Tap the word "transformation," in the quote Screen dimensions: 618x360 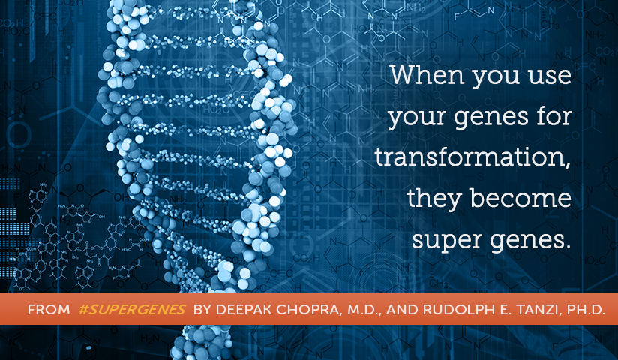click(x=472, y=157)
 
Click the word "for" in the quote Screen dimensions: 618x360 click(x=553, y=116)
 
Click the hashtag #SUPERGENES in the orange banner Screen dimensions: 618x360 click(x=132, y=310)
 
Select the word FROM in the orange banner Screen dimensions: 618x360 click(x=49, y=310)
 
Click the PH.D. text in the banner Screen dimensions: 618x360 click(x=586, y=310)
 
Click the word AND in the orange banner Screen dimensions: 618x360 click(x=402, y=310)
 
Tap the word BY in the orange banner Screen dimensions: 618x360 click(x=202, y=310)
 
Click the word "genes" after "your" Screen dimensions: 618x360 click(x=491, y=118)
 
